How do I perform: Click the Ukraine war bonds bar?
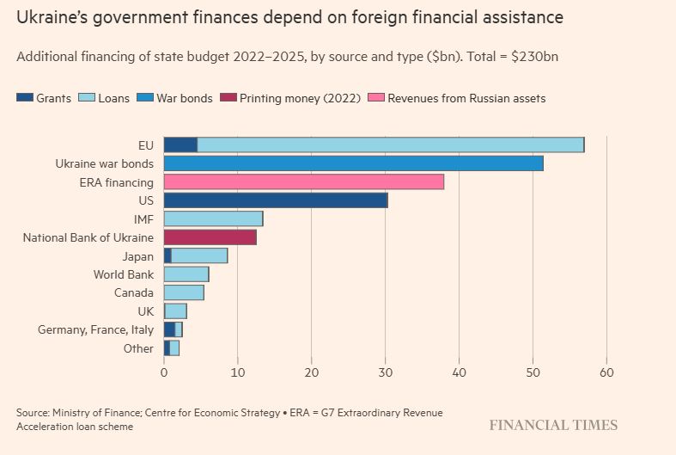(353, 163)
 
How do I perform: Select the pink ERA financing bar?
(304, 181)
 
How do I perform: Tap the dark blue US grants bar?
(275, 200)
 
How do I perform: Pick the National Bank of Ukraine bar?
(210, 237)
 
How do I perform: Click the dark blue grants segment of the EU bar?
(180, 144)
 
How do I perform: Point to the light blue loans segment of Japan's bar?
(199, 255)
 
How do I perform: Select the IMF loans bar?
(213, 218)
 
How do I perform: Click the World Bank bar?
(186, 274)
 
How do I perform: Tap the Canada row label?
(134, 292)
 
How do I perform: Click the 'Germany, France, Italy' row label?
(95, 329)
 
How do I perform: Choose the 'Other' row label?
(139, 347)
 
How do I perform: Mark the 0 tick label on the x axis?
(164, 373)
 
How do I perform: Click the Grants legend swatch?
(25, 98)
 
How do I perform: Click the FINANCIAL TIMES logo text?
(553, 425)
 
